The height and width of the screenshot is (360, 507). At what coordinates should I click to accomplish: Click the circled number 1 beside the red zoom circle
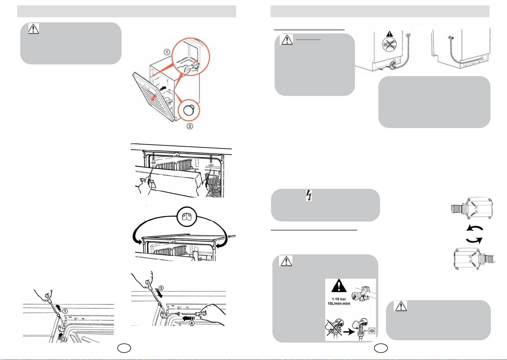click(167, 52)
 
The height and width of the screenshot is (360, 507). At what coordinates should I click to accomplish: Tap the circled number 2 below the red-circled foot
click(190, 126)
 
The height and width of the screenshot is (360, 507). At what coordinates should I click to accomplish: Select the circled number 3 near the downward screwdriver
click(161, 288)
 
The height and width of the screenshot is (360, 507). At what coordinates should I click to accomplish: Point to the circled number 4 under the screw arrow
click(191, 323)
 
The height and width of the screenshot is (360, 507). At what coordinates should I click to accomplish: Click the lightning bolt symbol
click(309, 195)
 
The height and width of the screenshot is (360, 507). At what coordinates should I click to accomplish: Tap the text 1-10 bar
click(339, 299)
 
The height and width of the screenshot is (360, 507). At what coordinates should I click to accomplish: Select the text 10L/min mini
click(339, 304)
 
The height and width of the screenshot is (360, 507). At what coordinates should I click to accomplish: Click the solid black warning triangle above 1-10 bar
click(339, 286)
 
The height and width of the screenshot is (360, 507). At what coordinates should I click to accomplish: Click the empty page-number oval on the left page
click(124, 348)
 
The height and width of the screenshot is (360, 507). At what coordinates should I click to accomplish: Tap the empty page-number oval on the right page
click(381, 348)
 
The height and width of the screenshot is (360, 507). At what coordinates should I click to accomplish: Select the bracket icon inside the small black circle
click(187, 217)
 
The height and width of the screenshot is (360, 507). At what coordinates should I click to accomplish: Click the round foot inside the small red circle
click(188, 111)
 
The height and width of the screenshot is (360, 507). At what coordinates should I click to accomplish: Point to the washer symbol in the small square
click(372, 331)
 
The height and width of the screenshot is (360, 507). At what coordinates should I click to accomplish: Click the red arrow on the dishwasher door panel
click(153, 97)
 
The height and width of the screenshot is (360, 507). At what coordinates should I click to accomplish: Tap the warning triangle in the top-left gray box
click(34, 28)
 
